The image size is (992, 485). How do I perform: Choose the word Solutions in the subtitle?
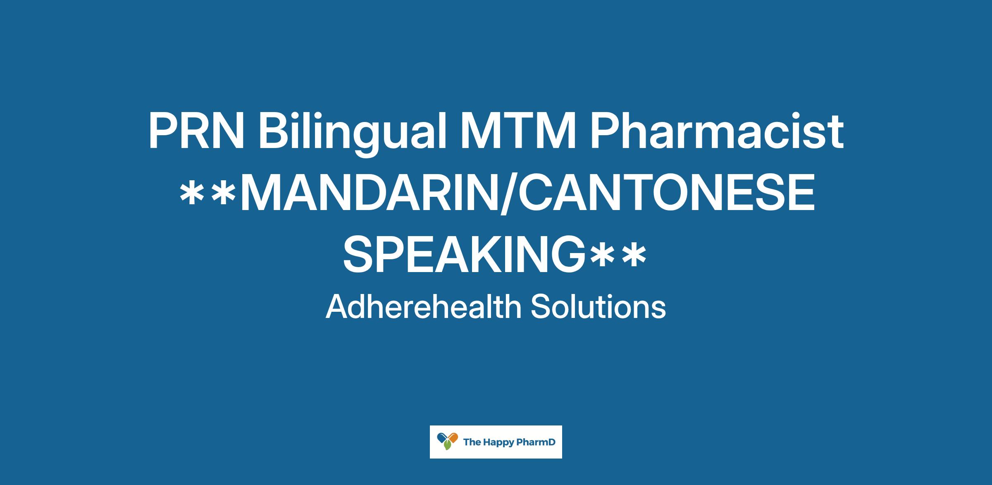[x=599, y=307]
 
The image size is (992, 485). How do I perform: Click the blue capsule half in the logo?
[x=442, y=436]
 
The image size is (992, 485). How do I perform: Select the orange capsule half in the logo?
[x=453, y=437]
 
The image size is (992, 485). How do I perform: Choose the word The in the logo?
[x=470, y=442]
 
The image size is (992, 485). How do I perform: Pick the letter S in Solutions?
[x=540, y=307]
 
